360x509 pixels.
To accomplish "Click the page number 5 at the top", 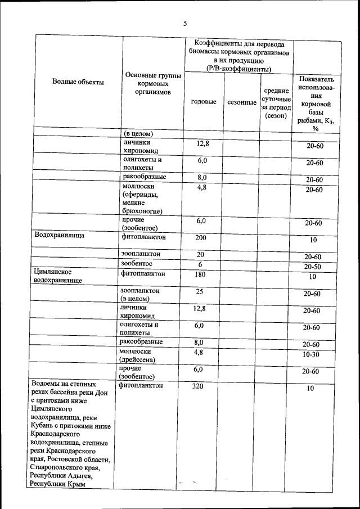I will (184, 23).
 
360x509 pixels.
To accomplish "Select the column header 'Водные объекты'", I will (78, 82).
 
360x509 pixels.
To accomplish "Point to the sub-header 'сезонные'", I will (242, 103).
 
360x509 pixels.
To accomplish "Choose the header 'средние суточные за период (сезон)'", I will (276, 103).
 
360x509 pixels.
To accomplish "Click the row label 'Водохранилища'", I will (59, 236).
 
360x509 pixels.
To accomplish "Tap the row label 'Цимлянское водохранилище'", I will (58, 275).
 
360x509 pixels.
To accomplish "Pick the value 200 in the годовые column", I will (201, 238).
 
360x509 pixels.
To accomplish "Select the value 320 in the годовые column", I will (199, 386).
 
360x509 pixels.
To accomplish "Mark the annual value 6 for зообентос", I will (200, 264).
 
